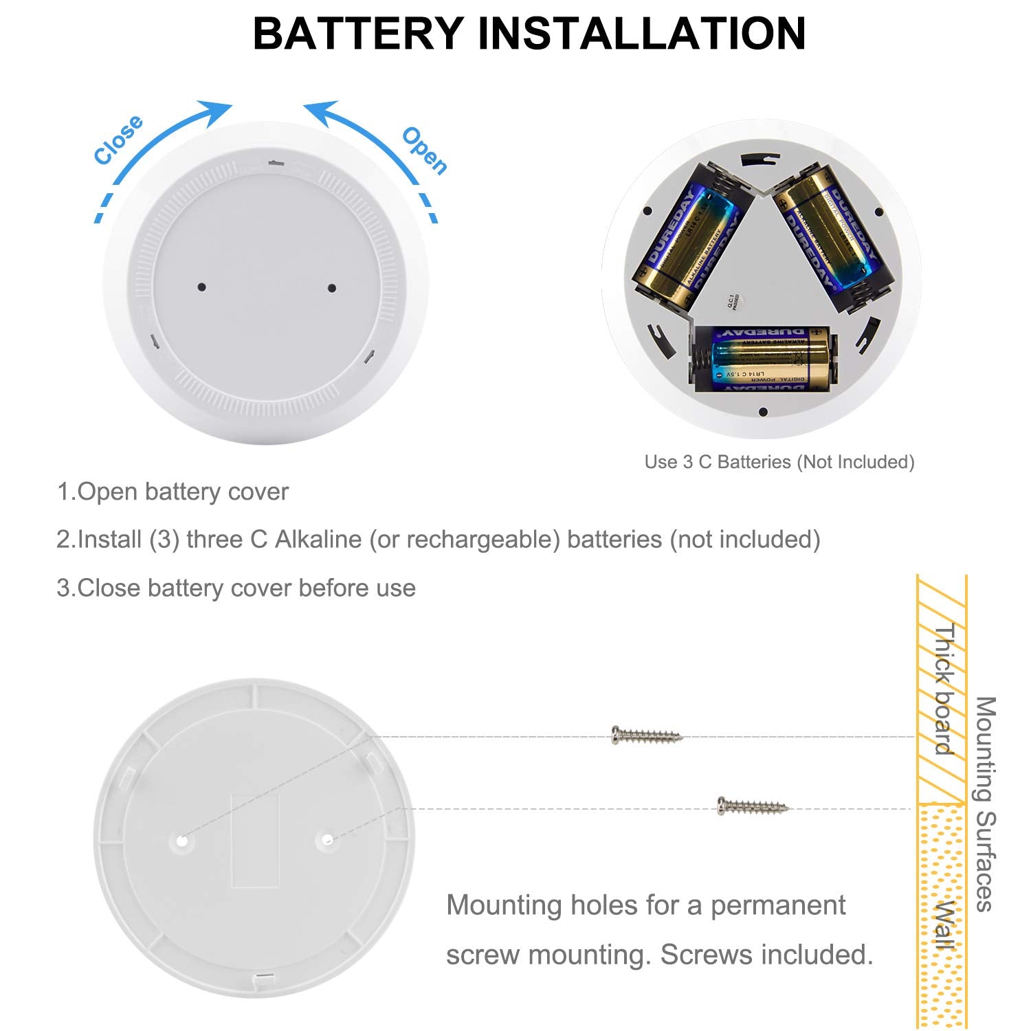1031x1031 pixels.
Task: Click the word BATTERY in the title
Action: [x=358, y=33]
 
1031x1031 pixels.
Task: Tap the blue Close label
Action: [x=118, y=140]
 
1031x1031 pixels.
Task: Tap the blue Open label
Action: [x=425, y=150]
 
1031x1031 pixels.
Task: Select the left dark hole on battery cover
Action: [x=201, y=287]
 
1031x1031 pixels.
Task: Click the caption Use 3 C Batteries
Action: [x=779, y=462]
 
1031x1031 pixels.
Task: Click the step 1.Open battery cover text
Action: [x=173, y=492]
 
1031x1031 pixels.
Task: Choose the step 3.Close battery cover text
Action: [x=236, y=588]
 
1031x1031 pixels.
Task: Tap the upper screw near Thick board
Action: [x=647, y=735]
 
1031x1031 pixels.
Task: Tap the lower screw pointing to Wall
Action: [x=753, y=806]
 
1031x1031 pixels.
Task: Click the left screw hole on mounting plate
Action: [x=181, y=840]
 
